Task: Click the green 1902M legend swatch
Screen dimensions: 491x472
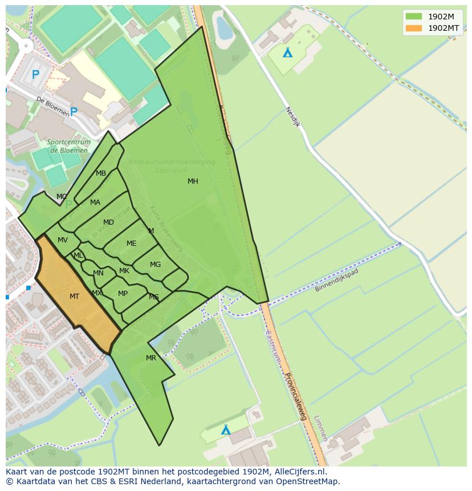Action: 414,17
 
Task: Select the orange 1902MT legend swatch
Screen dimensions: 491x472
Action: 414,28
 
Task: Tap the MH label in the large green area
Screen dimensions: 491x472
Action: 193,181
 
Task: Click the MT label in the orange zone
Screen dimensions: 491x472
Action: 74,297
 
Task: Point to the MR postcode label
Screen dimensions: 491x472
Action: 150,358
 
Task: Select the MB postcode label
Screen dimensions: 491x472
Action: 100,173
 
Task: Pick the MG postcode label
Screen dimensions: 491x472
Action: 155,265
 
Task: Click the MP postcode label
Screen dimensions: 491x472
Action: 123,294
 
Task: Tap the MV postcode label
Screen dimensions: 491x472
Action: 63,240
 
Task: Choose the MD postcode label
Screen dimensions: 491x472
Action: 108,222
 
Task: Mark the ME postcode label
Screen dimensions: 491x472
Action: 131,244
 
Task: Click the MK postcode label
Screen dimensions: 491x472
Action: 124,271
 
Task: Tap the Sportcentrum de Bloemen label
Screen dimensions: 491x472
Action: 68,147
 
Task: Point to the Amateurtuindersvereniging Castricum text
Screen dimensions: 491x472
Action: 171,166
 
